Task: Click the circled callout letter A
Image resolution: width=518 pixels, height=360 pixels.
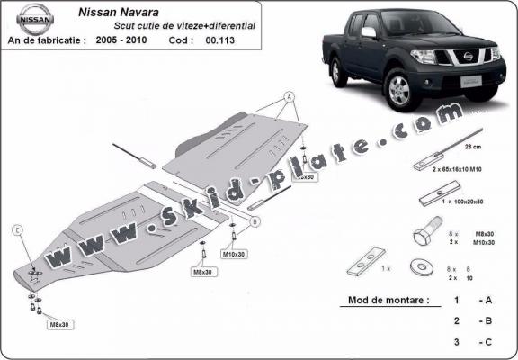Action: (290, 95)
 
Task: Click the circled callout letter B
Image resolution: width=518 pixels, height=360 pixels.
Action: (255, 220)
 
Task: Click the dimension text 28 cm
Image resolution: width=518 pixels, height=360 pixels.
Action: (472, 146)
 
